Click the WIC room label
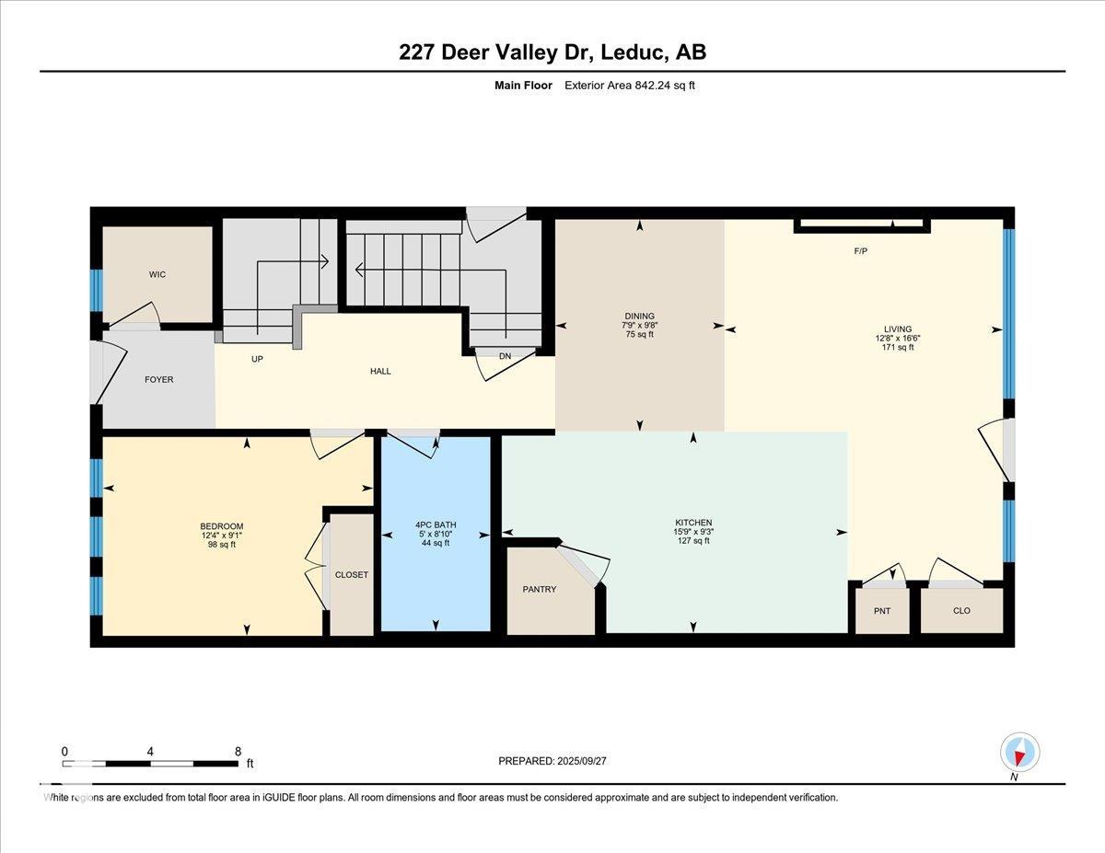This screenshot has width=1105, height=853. pyautogui.click(x=157, y=274)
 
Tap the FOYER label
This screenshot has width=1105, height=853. pyautogui.click(x=158, y=379)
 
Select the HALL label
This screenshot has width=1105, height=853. pyautogui.click(x=380, y=371)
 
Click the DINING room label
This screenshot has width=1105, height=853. pyautogui.click(x=639, y=316)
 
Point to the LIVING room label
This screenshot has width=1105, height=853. pyautogui.click(x=897, y=329)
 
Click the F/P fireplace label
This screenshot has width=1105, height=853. pyautogui.click(x=862, y=250)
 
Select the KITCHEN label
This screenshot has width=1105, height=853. pyautogui.click(x=693, y=523)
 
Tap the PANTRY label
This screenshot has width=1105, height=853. pyautogui.click(x=540, y=589)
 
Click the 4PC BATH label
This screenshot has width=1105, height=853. pyautogui.click(x=436, y=525)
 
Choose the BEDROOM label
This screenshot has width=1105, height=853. pyautogui.click(x=222, y=526)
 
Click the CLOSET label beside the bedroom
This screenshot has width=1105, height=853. pyautogui.click(x=351, y=574)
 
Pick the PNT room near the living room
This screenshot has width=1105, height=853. pyautogui.click(x=882, y=611)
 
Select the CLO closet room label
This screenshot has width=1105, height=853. pyautogui.click(x=961, y=611)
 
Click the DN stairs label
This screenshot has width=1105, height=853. pyautogui.click(x=505, y=356)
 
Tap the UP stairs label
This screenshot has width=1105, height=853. pyautogui.click(x=257, y=359)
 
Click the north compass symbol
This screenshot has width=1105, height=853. pyautogui.click(x=1019, y=753)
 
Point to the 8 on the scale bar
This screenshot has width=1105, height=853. pyautogui.click(x=238, y=751)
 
